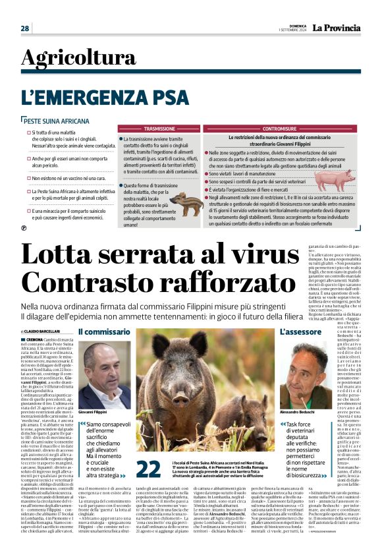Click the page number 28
pos(24,28)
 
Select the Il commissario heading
pos(95,332)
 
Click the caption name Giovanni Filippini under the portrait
pos(92,411)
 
